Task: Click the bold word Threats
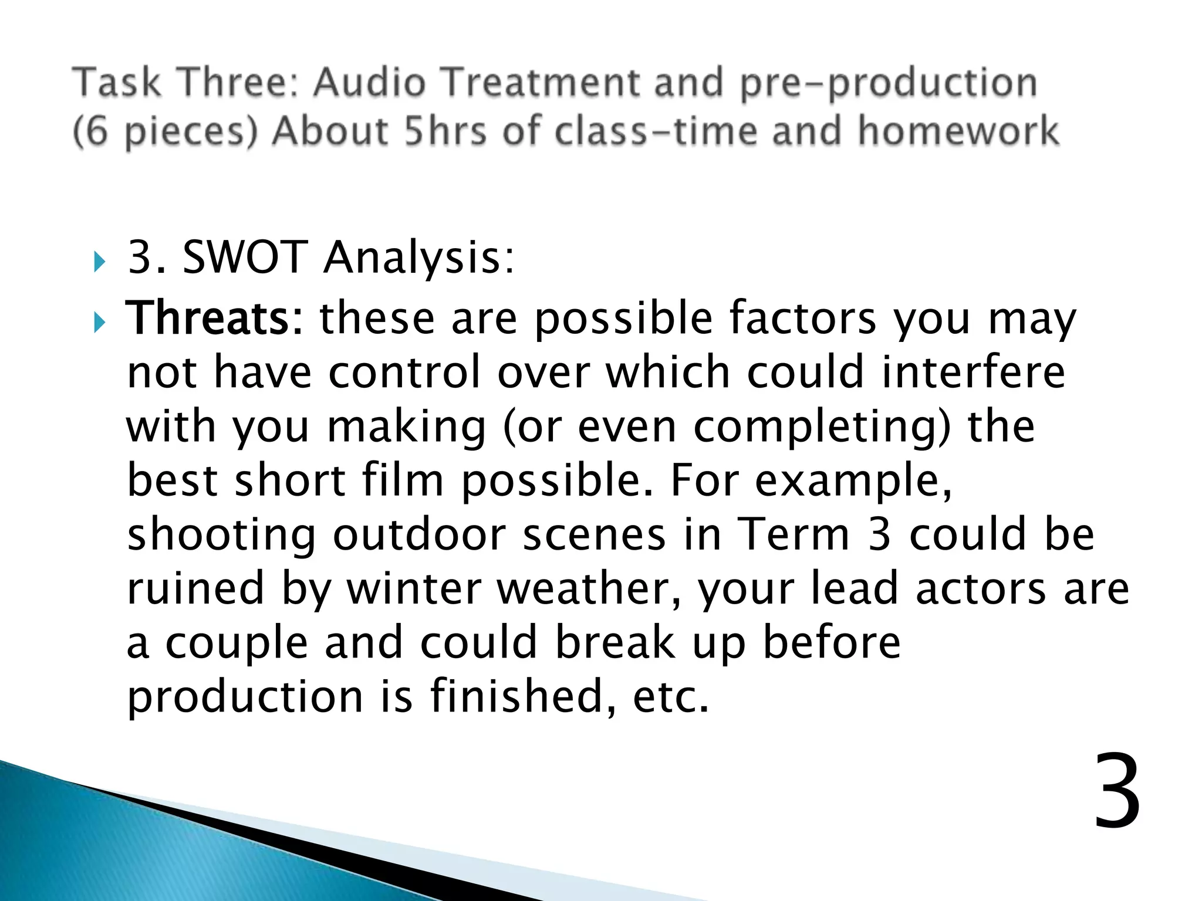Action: pos(208,319)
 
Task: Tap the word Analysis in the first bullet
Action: pos(418,258)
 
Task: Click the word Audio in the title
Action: pos(369,82)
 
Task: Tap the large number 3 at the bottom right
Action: pos(1117,793)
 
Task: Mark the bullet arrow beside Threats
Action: pos(98,322)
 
